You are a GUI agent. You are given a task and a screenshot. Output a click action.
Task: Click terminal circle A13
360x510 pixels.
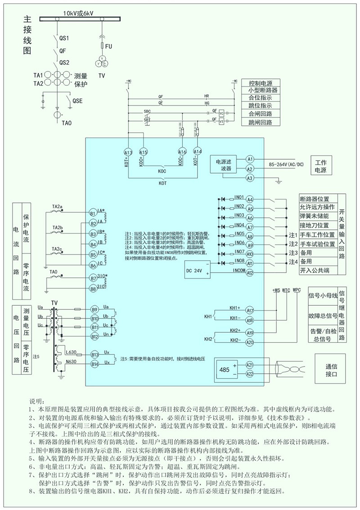129,152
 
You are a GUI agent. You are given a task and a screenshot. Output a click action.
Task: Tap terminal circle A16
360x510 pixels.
183,152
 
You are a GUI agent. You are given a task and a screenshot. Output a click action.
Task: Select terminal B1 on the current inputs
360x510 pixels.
93,213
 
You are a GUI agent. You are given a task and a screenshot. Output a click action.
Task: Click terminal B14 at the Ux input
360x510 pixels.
94,364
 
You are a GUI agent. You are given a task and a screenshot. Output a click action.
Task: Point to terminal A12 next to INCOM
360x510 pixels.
250,273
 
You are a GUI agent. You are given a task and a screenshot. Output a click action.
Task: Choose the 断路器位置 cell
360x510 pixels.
317,199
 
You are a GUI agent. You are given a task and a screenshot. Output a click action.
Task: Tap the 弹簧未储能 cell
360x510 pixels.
317,216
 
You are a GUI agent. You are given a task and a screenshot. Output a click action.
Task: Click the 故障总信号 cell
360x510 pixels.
323,316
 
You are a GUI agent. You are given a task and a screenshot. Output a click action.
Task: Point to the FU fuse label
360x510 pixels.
108,46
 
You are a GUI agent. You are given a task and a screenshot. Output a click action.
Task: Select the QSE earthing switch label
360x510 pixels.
77,102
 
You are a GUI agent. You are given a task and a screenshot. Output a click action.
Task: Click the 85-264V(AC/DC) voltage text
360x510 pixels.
286,165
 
